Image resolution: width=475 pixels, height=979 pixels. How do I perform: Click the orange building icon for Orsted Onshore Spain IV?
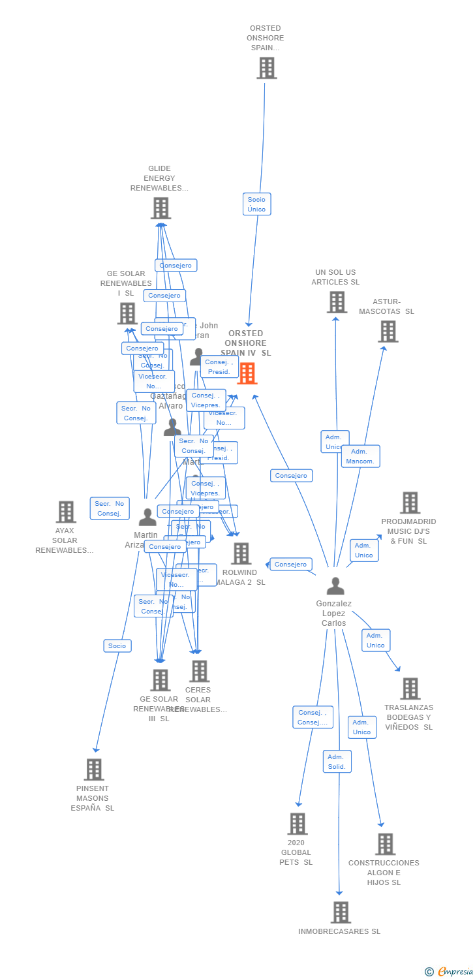[x=247, y=373]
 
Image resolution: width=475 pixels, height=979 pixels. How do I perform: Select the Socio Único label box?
[x=256, y=204]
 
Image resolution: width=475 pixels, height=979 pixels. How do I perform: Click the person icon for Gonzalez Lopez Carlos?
[x=335, y=586]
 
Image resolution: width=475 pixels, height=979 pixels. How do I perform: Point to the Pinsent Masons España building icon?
[x=94, y=769]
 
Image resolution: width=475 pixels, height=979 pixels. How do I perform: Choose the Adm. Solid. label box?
[x=337, y=761]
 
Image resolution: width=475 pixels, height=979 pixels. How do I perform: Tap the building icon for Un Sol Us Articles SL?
[x=337, y=302]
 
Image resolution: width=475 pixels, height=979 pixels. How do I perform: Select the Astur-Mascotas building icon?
[x=388, y=332]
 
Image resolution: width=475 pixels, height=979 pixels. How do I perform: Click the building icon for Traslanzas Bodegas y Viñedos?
[x=410, y=689]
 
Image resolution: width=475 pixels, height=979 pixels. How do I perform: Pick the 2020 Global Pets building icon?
[x=298, y=824]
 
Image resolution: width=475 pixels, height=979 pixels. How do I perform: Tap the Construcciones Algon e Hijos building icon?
[x=385, y=844]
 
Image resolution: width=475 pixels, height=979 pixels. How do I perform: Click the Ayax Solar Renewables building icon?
[x=66, y=512]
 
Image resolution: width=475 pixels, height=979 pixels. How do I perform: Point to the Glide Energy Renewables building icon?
[x=161, y=208]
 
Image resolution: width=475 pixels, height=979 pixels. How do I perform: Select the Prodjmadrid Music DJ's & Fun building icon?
[x=410, y=503]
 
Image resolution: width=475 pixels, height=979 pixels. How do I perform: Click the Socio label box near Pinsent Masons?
[x=117, y=645]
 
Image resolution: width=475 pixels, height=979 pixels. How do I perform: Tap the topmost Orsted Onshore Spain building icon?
[x=266, y=68]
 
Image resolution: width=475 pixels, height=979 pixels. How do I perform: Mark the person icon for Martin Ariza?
[x=147, y=518]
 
